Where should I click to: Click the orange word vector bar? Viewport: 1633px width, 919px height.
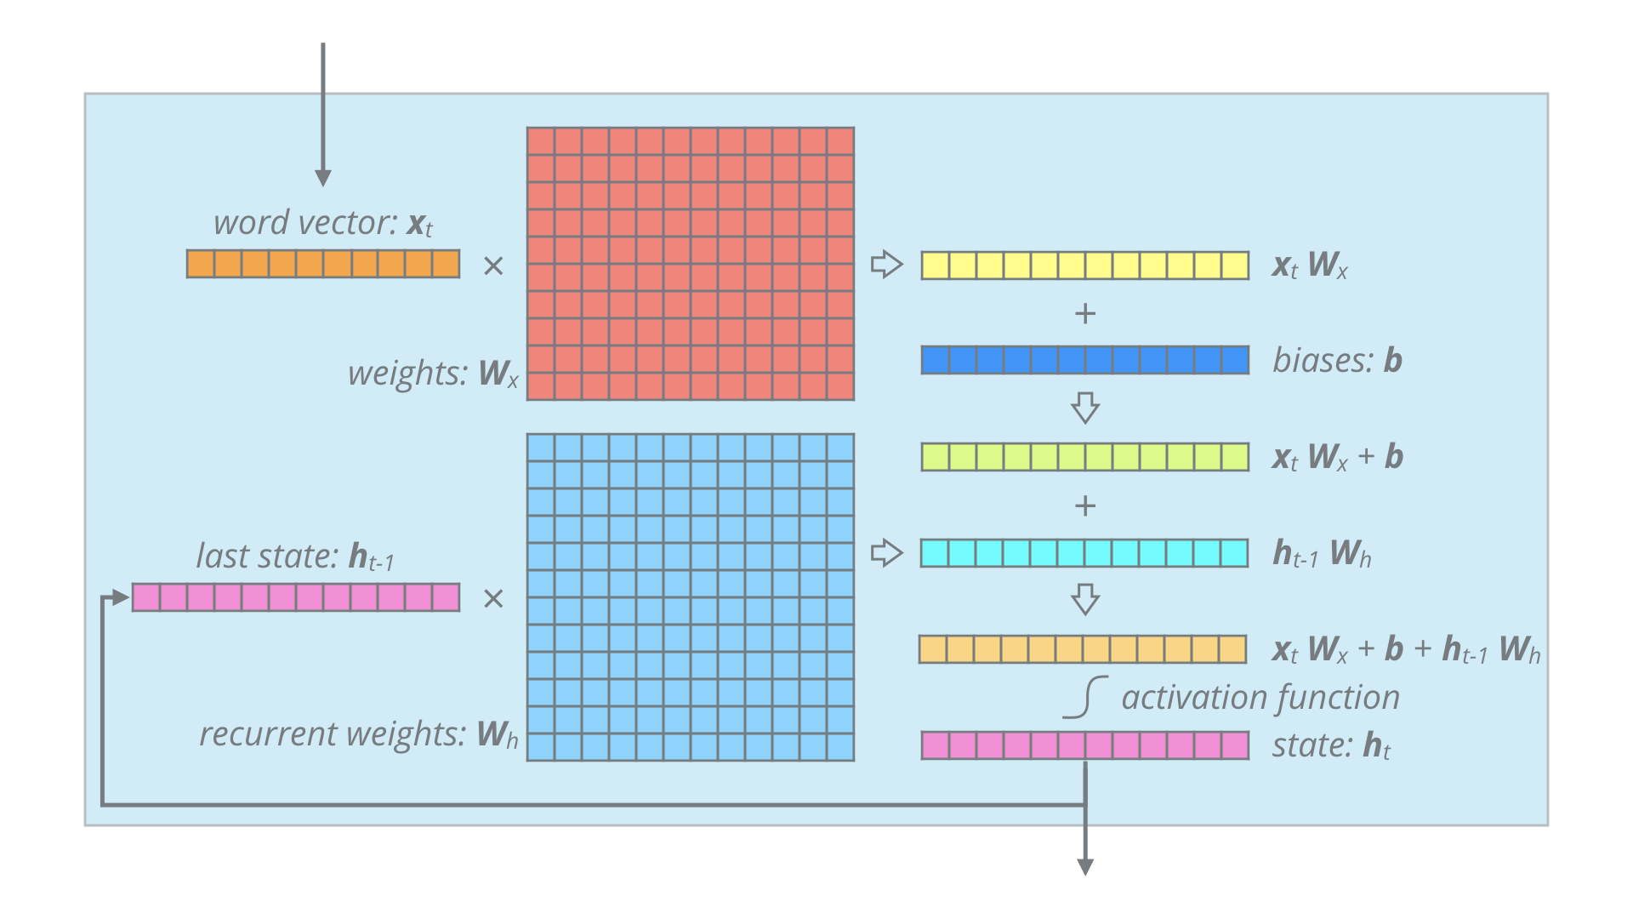323,264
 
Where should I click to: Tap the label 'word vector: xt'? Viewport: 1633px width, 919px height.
323,223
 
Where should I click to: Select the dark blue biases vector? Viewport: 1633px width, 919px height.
1084,360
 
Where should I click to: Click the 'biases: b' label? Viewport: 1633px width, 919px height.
1337,360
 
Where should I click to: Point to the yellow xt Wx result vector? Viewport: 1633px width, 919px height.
1084,265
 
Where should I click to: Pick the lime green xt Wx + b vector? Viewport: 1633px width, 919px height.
1084,457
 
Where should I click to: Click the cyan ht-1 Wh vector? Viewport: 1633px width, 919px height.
1084,553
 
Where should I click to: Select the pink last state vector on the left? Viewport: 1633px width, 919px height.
296,597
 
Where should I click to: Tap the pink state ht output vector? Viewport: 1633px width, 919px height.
1084,745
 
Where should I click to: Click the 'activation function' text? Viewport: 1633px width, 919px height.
1260,698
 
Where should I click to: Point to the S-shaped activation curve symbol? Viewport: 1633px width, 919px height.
1086,698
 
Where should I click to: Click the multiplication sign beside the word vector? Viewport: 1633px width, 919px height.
493,266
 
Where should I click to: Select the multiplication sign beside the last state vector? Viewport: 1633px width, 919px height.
493,599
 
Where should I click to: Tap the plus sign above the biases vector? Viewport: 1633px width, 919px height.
1084,314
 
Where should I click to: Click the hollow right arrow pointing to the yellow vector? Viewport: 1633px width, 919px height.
886,264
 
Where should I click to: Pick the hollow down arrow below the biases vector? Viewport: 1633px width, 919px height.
1084,408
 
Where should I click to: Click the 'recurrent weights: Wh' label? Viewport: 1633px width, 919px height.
358,734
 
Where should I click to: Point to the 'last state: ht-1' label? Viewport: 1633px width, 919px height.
295,557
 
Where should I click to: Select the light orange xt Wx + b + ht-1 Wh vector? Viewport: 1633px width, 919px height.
1083,649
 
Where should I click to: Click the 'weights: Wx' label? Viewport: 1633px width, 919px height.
433,374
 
